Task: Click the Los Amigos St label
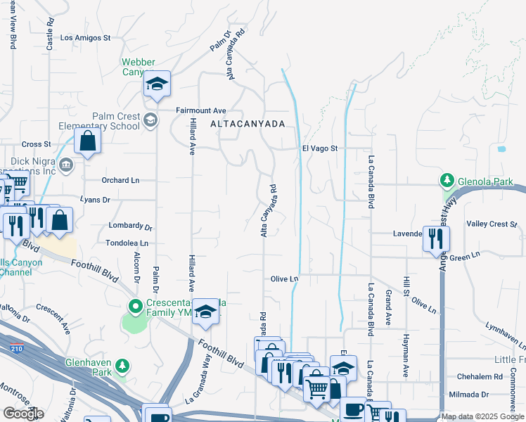coord(86,38)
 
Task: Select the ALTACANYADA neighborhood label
coord(248,124)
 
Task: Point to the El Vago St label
coord(320,148)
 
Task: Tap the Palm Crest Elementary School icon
coord(149,121)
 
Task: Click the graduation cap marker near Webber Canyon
coord(158,84)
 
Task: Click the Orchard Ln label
coord(120,180)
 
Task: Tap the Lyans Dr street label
coord(96,200)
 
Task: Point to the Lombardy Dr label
coord(131,226)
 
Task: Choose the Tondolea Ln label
coord(127,243)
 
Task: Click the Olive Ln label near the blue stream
coord(285,279)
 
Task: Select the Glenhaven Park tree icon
coord(122,366)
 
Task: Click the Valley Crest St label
coord(492,224)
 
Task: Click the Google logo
coord(23,414)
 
